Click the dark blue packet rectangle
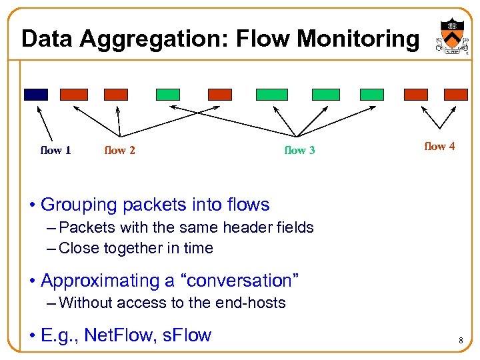point(36,95)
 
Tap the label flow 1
point(56,150)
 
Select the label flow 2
point(120,150)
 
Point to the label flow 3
point(299,150)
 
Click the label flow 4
point(439,146)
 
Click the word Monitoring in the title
point(358,39)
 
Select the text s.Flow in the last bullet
point(187,334)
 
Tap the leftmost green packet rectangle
point(168,95)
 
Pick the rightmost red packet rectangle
point(456,95)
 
